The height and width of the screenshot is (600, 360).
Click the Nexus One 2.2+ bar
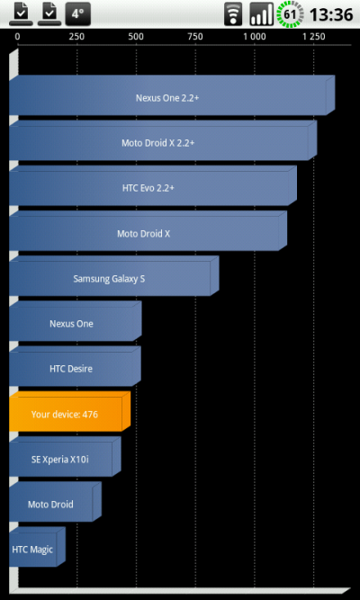172,95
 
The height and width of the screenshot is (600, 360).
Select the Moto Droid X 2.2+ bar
163,140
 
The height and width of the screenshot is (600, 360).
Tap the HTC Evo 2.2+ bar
153,185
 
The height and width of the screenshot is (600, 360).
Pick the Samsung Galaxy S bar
114,276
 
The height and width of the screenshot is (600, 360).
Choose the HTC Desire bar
75,366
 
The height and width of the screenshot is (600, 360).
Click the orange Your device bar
69,411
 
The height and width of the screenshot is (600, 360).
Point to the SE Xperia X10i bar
65,456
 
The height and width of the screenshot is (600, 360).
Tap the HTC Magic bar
37,547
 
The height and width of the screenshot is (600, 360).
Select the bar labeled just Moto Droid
55,502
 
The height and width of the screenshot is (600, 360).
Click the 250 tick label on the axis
76,37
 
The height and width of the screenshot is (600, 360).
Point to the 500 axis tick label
136,37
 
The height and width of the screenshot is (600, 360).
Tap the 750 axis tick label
195,37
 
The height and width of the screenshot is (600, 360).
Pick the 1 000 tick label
255,37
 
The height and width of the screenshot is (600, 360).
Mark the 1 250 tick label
314,37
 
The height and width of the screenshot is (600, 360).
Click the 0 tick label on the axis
18,37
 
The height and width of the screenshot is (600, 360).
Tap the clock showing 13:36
331,14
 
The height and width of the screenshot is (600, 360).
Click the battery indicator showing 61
291,14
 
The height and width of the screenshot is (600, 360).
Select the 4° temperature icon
77,13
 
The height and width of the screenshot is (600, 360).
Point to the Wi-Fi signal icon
233,14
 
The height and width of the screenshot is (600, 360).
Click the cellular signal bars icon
262,14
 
